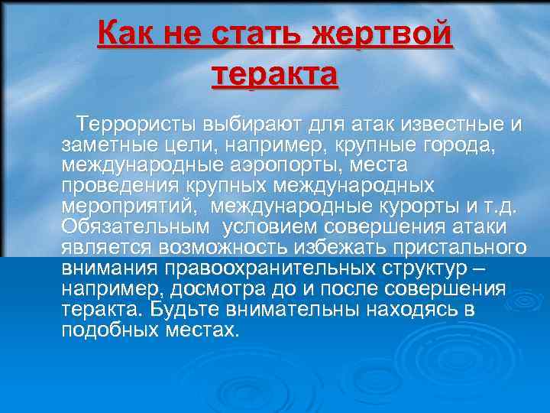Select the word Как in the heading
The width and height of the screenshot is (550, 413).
tap(125, 36)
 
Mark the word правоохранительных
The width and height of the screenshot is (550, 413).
tap(288, 268)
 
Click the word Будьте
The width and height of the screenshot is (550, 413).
tap(183, 310)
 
